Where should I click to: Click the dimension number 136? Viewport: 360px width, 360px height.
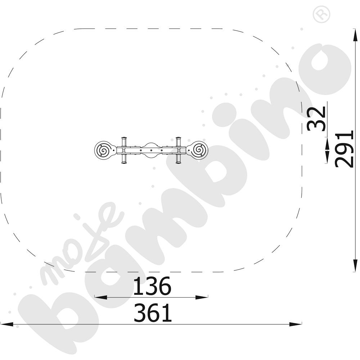click(152, 286)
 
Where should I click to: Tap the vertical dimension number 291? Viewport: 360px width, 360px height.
click(344, 149)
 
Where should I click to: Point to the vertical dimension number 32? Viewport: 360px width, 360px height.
click(317, 118)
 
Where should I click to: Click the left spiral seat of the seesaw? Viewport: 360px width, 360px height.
click(104, 150)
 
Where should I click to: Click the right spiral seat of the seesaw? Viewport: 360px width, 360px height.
click(198, 150)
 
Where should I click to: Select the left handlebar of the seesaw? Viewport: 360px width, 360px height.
click(124, 150)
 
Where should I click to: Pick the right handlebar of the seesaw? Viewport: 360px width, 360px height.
click(179, 150)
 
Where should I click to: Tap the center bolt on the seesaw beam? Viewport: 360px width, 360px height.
click(151, 150)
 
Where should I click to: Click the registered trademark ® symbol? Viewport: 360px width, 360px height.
click(321, 14)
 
